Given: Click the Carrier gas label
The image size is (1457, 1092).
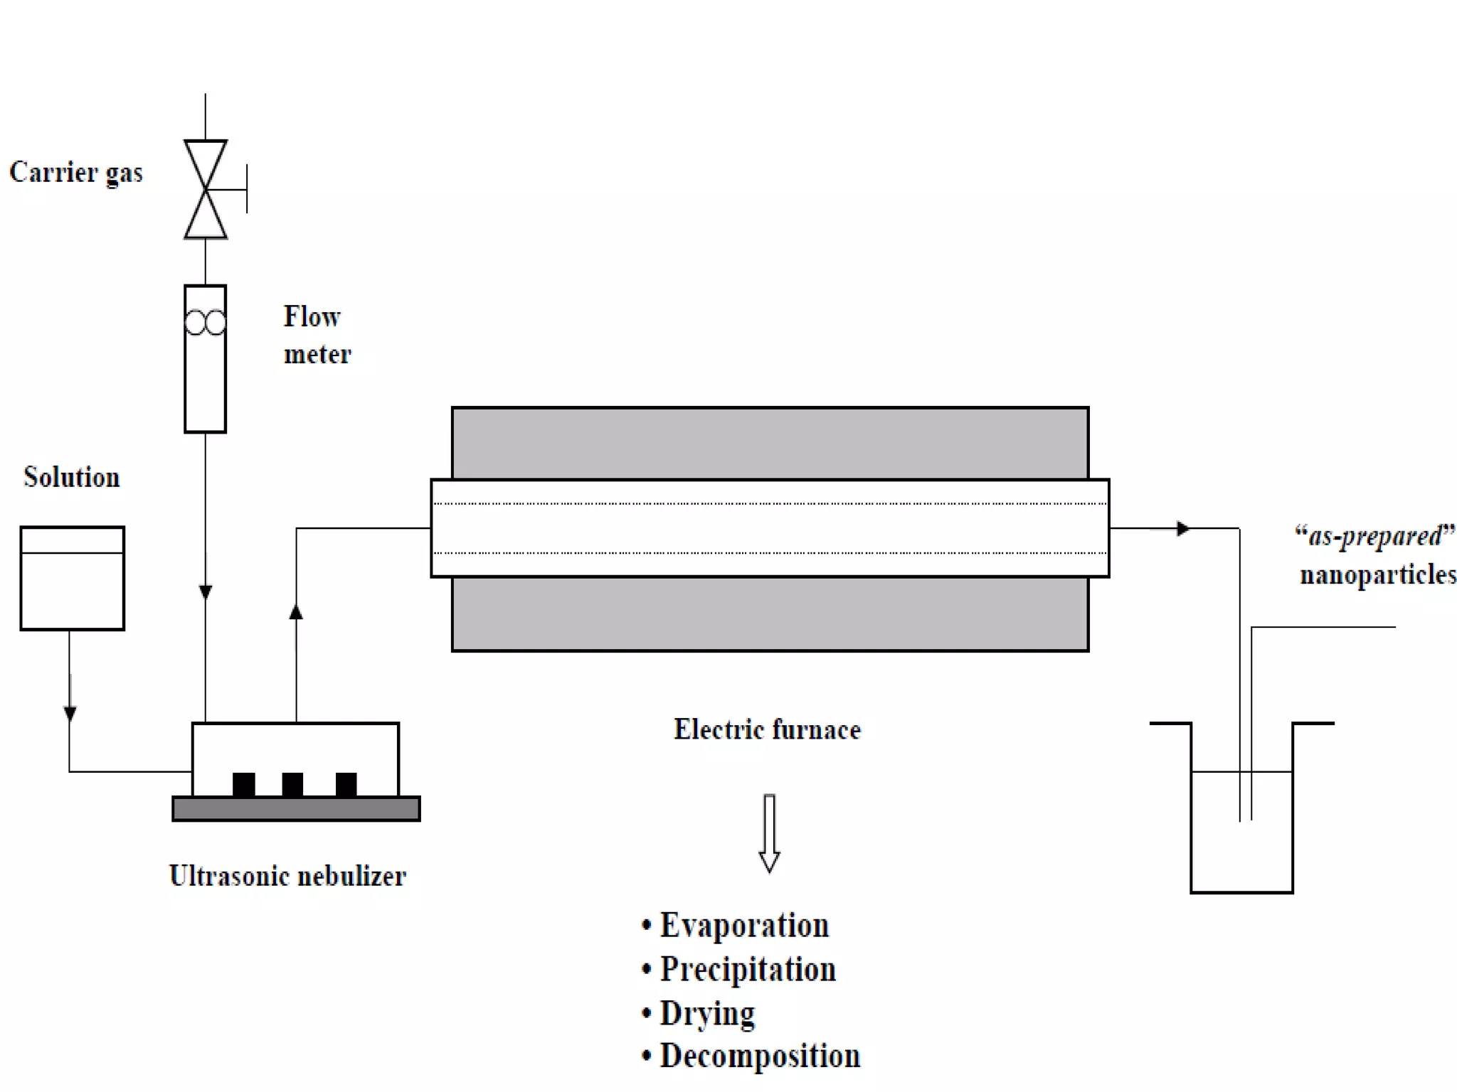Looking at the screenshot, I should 76,173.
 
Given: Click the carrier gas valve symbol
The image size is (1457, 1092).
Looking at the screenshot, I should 206,189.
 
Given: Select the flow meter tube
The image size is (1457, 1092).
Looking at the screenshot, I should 205,359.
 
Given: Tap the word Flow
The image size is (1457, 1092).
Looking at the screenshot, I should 312,317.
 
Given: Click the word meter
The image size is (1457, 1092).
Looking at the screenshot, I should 317,354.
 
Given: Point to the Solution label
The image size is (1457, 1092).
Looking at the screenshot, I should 72,477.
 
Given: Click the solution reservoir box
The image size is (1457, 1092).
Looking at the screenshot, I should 73,578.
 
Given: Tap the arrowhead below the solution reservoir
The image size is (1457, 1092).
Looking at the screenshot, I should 70,713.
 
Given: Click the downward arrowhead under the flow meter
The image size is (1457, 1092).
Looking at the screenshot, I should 206,591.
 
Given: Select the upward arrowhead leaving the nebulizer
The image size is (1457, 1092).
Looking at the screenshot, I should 296,611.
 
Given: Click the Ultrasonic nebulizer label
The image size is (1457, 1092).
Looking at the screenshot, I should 287,876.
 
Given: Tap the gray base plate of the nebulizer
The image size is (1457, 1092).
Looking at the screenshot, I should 296,809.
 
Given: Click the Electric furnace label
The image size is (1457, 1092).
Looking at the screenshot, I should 767,729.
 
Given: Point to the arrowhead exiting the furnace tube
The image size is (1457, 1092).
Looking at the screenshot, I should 1182,528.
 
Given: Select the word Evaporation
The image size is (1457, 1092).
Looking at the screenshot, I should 744,926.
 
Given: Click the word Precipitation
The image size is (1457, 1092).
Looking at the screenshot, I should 748,970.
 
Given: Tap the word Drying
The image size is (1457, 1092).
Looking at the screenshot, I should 707,1013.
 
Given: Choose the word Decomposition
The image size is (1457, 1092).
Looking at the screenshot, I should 760,1056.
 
